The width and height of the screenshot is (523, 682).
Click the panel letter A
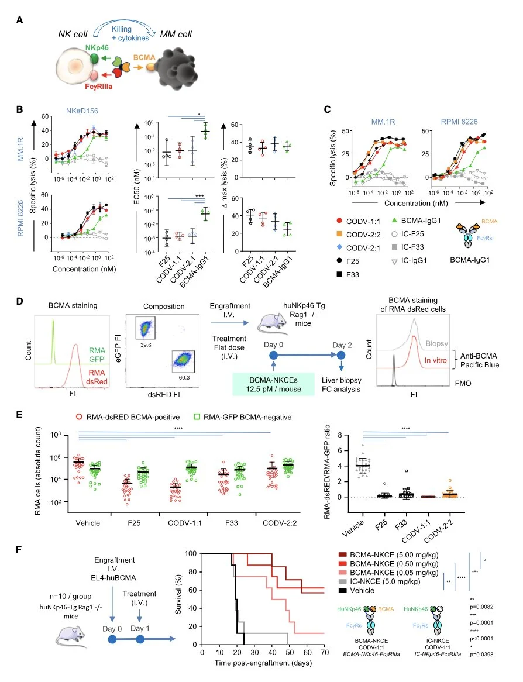click(20, 20)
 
